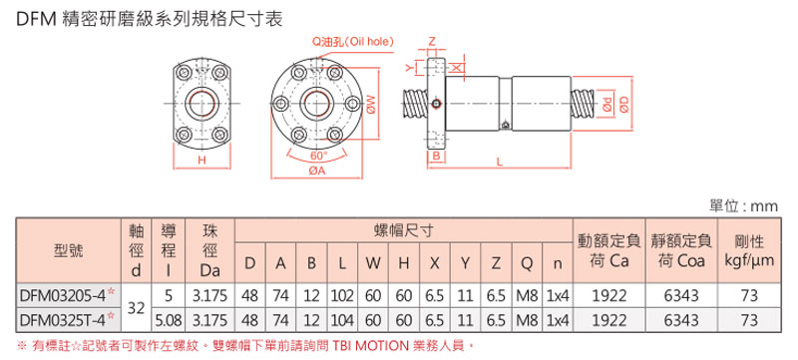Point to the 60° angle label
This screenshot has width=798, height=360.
(x=318, y=157)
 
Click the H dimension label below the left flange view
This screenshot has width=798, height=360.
(x=201, y=160)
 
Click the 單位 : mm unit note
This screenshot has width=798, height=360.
(x=742, y=205)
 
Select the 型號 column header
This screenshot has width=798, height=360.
(x=68, y=249)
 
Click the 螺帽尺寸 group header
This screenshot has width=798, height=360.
(x=402, y=229)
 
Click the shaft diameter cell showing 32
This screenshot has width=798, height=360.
(x=138, y=306)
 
